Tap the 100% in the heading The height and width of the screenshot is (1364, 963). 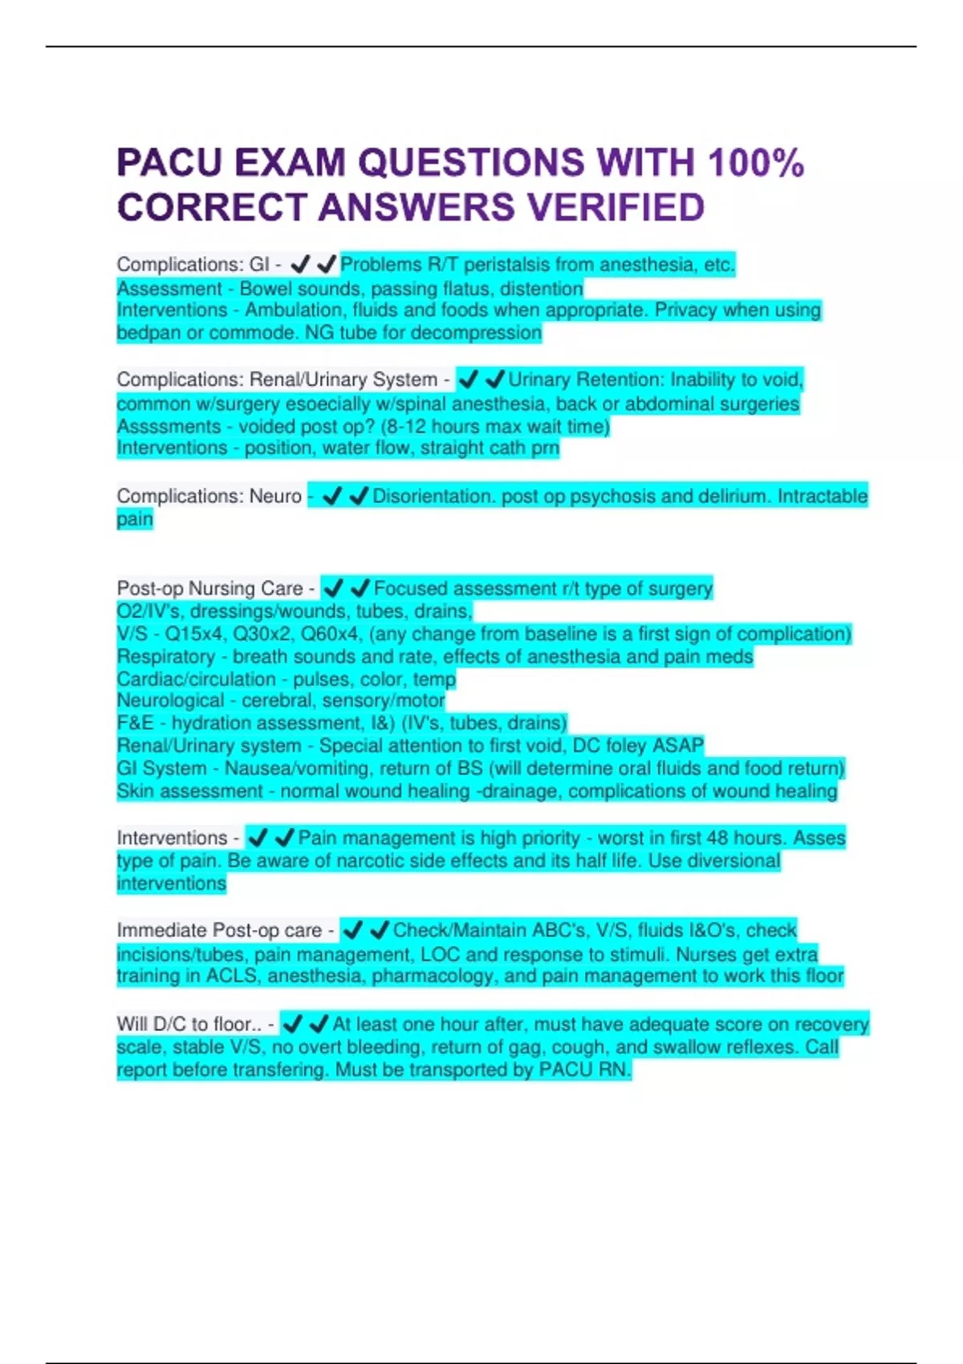(755, 163)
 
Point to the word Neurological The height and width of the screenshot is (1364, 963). (170, 700)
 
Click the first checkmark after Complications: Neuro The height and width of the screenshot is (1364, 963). (331, 497)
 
